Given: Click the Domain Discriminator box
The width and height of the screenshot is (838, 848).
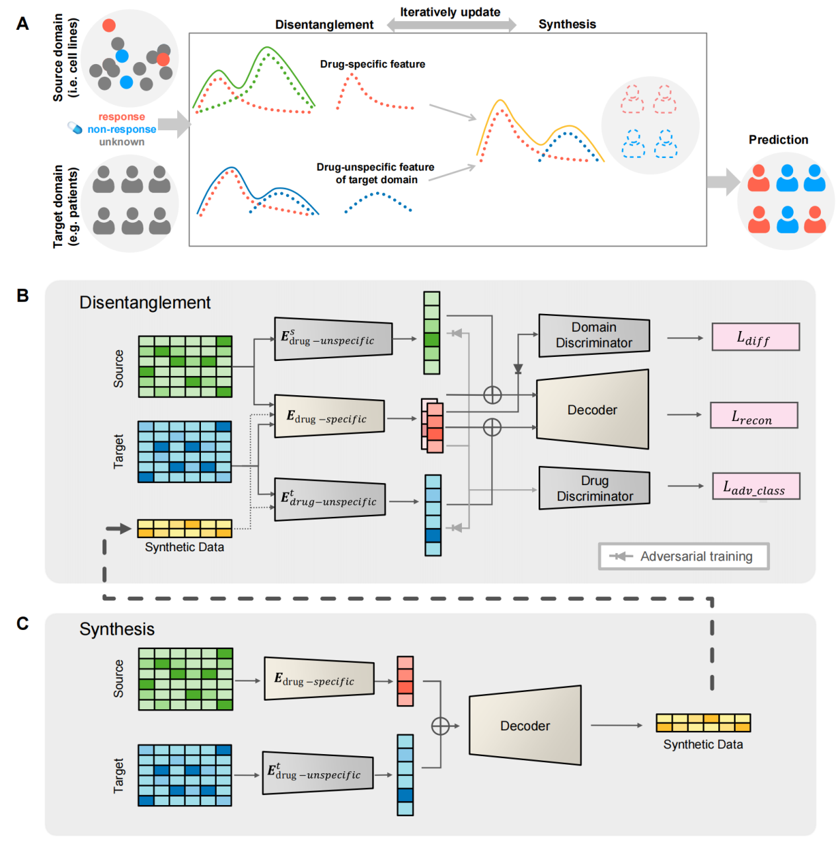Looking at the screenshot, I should click(x=593, y=335).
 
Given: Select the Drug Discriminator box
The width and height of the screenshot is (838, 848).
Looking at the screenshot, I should click(x=594, y=488).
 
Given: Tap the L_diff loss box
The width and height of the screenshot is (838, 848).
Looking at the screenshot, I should click(x=755, y=337).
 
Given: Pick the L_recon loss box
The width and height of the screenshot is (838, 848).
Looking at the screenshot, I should click(x=753, y=416).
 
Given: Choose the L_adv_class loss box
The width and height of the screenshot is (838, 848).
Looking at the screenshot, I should click(x=755, y=486).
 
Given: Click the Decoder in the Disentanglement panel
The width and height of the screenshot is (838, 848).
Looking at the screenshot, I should click(x=592, y=410).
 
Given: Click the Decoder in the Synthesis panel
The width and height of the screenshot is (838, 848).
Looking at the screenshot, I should click(x=525, y=726).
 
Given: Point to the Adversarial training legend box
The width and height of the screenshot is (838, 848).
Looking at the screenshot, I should click(x=683, y=557).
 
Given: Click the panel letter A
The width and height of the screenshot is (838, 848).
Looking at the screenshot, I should click(x=22, y=24).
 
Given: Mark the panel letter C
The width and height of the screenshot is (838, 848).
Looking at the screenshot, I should click(x=22, y=624).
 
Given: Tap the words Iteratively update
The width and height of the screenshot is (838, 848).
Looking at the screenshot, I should click(x=450, y=12).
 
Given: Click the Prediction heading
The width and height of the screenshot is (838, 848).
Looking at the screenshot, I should click(x=778, y=139).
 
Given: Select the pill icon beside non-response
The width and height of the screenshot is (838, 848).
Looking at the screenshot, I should click(x=75, y=128).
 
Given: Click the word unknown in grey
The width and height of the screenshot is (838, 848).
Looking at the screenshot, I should click(x=122, y=141).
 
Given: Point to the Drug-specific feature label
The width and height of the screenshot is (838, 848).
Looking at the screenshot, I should click(x=372, y=64).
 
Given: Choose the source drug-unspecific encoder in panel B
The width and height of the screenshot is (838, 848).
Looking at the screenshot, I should click(x=333, y=339).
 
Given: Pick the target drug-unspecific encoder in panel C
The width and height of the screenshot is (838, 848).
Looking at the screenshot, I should click(x=318, y=773).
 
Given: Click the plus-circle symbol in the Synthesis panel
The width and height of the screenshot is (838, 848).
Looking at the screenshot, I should click(x=440, y=726).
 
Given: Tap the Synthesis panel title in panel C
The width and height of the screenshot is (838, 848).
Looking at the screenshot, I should click(x=117, y=629).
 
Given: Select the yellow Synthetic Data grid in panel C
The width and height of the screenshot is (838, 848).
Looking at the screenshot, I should click(x=703, y=722).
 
